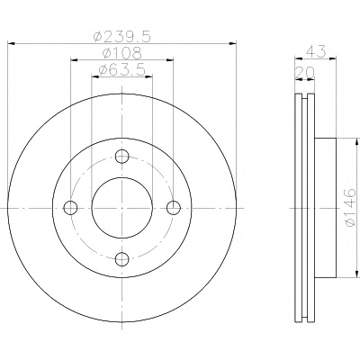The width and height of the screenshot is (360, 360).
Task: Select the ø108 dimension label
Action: click(122, 53)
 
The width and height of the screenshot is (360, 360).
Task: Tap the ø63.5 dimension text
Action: click(122, 70)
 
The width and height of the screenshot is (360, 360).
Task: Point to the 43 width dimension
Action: click(316, 51)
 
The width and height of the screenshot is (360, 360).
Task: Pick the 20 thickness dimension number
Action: click(305, 72)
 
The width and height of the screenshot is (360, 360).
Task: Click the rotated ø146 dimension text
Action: click(350, 208)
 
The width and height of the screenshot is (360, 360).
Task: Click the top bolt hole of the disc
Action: click(122, 157)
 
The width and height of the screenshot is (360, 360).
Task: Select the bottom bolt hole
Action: click(122, 259)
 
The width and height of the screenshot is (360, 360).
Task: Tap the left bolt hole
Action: click(70, 208)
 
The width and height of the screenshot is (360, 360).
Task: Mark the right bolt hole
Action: click(174, 208)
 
